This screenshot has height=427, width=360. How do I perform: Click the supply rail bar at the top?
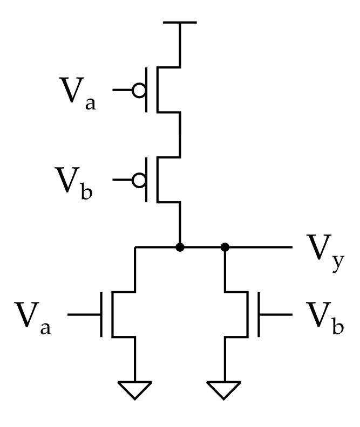tap(180, 22)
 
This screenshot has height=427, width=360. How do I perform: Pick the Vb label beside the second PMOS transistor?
tap(74, 183)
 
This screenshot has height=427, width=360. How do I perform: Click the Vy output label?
tap(325, 253)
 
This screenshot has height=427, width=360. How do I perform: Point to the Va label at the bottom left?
tap(33, 318)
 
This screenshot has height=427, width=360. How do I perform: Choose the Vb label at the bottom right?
tap(325, 318)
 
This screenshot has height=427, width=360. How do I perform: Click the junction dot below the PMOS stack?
tap(180, 247)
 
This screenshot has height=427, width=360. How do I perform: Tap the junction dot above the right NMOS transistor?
tap(225, 247)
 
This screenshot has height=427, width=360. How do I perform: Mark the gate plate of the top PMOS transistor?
tap(146, 90)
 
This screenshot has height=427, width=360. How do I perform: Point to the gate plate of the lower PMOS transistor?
tap(146, 180)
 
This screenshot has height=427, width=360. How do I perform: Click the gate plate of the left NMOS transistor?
tap(101, 314)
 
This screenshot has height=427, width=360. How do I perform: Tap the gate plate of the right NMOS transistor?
tap(259, 314)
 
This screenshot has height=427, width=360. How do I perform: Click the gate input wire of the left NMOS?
tap(84, 314)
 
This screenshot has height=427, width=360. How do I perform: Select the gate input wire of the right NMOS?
tap(275, 314)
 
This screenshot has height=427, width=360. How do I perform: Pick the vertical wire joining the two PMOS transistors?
tap(180, 135)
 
